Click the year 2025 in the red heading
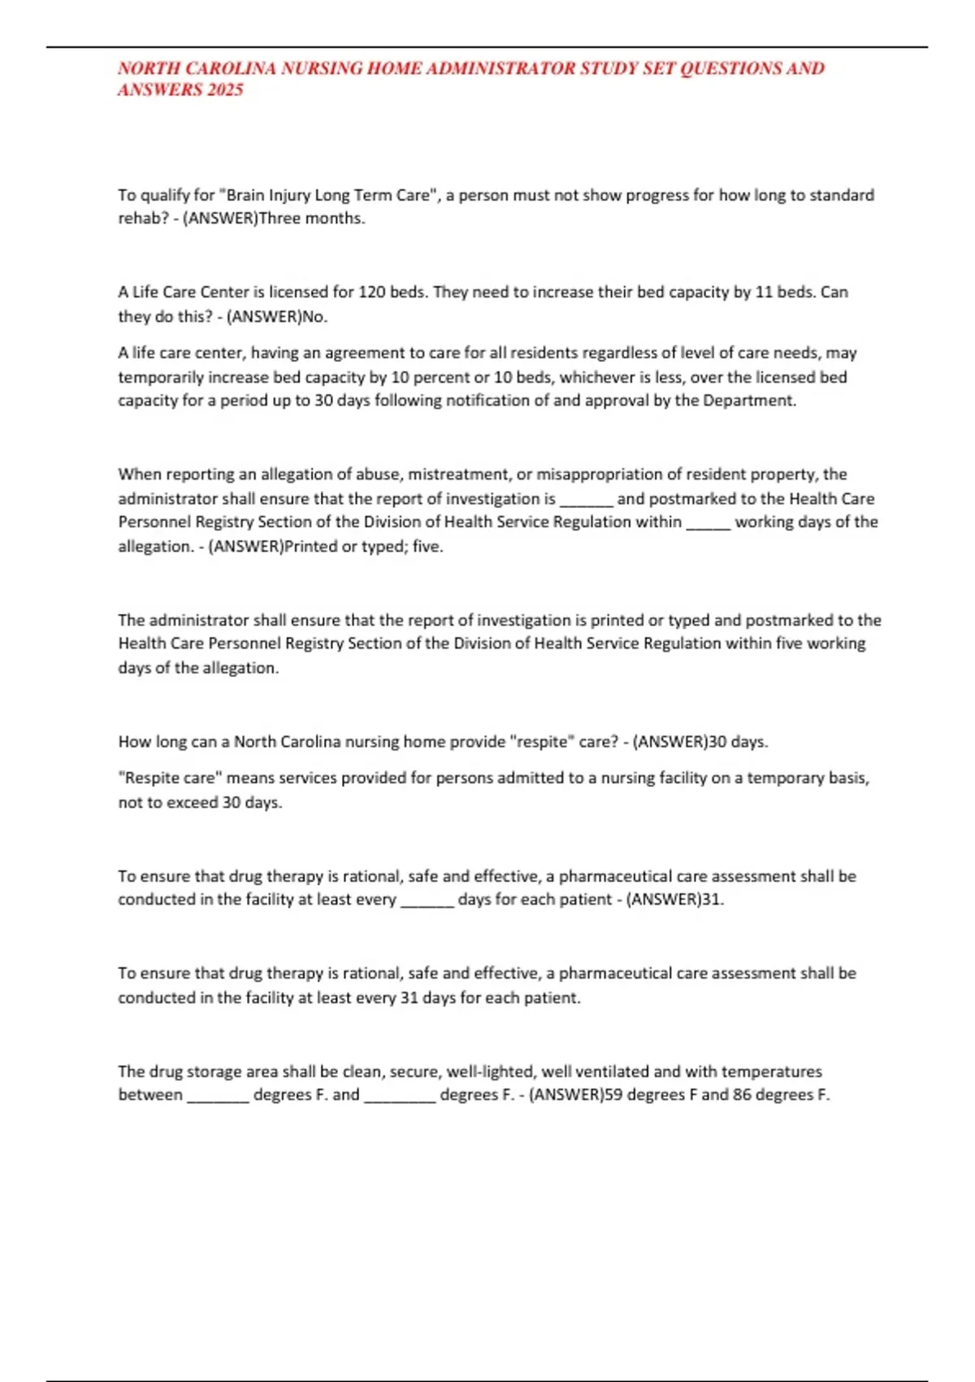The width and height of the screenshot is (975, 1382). click(225, 90)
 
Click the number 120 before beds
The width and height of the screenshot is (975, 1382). click(372, 292)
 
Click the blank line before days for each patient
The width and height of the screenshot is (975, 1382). click(427, 901)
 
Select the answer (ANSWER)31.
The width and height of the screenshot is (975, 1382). click(674, 900)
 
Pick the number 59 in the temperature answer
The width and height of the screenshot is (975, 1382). click(613, 1095)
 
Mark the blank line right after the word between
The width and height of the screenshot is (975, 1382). click(218, 1097)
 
